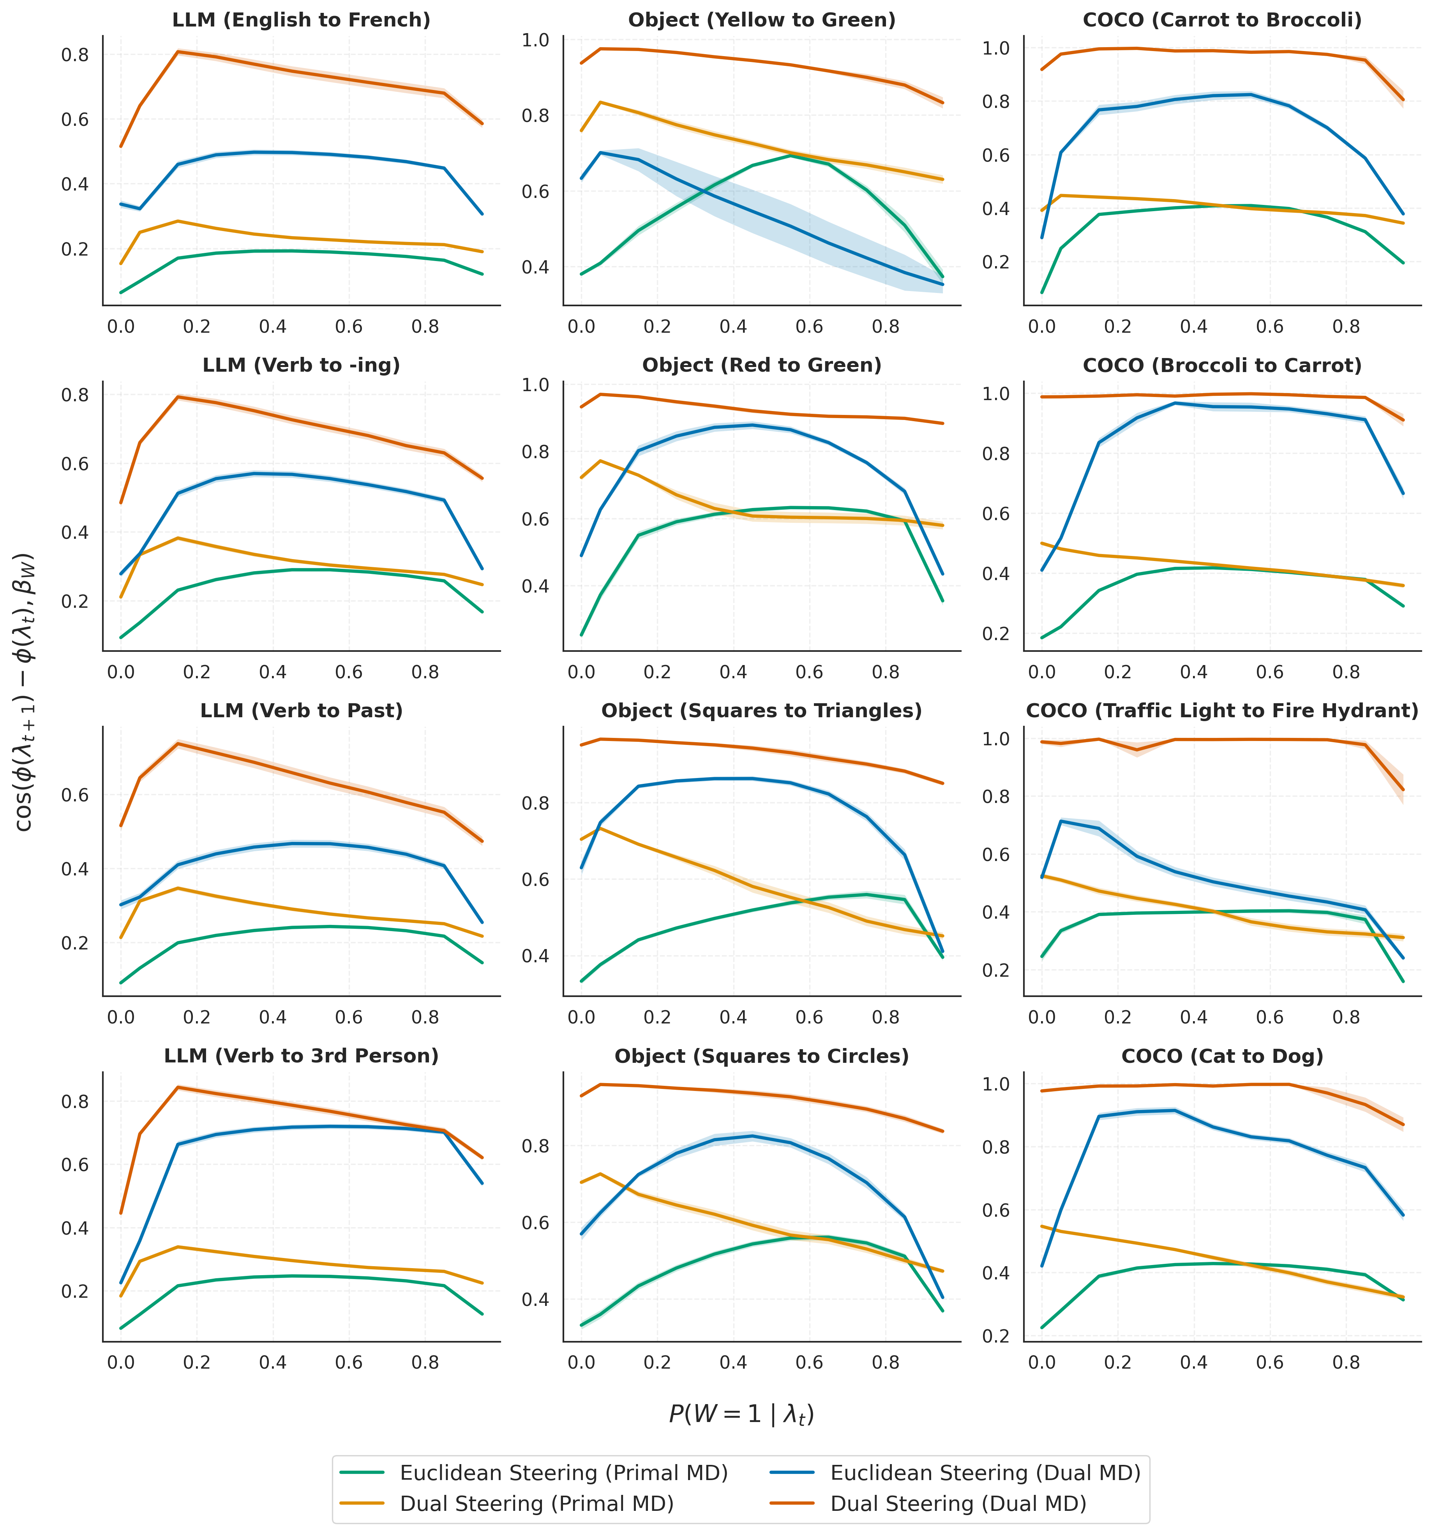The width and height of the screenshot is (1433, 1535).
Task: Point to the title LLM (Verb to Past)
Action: click(301, 710)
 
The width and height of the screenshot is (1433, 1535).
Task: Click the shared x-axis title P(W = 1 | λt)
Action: click(741, 1414)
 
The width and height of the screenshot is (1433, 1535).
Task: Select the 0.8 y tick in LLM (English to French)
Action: click(78, 55)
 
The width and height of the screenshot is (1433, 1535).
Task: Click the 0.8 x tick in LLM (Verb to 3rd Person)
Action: click(425, 1364)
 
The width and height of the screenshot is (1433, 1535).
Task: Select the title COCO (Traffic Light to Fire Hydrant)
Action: click(1222, 710)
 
